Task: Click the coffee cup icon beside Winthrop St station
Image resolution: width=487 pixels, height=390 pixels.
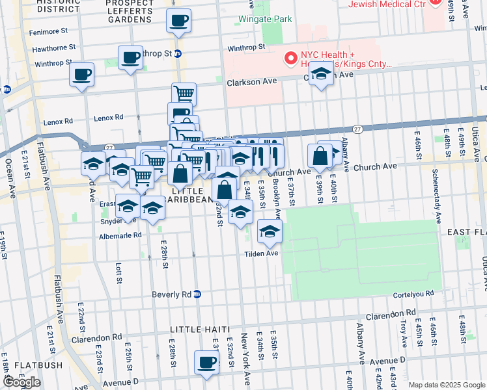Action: tap(130, 58)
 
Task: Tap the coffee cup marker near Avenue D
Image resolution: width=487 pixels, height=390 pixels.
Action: tap(206, 363)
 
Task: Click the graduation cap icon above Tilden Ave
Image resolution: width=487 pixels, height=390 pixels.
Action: tap(269, 231)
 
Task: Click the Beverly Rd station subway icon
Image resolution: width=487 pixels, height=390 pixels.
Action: tap(197, 294)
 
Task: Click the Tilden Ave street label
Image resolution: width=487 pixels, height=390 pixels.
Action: tap(262, 253)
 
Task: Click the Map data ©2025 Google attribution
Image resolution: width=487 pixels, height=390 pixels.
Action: tap(447, 385)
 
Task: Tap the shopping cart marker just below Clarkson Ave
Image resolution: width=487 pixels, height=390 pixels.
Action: tap(184, 94)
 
